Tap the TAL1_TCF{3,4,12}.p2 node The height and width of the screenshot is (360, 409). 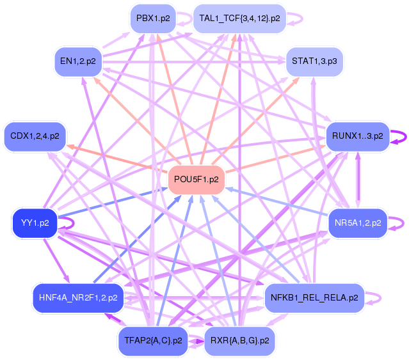click(x=239, y=19)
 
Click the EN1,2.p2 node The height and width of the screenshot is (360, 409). click(x=78, y=61)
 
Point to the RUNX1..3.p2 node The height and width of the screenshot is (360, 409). click(x=357, y=136)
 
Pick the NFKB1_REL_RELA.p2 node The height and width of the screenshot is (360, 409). click(x=314, y=297)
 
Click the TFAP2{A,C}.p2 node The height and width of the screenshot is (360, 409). click(x=151, y=340)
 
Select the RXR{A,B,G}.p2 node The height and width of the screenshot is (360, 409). click(x=240, y=340)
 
